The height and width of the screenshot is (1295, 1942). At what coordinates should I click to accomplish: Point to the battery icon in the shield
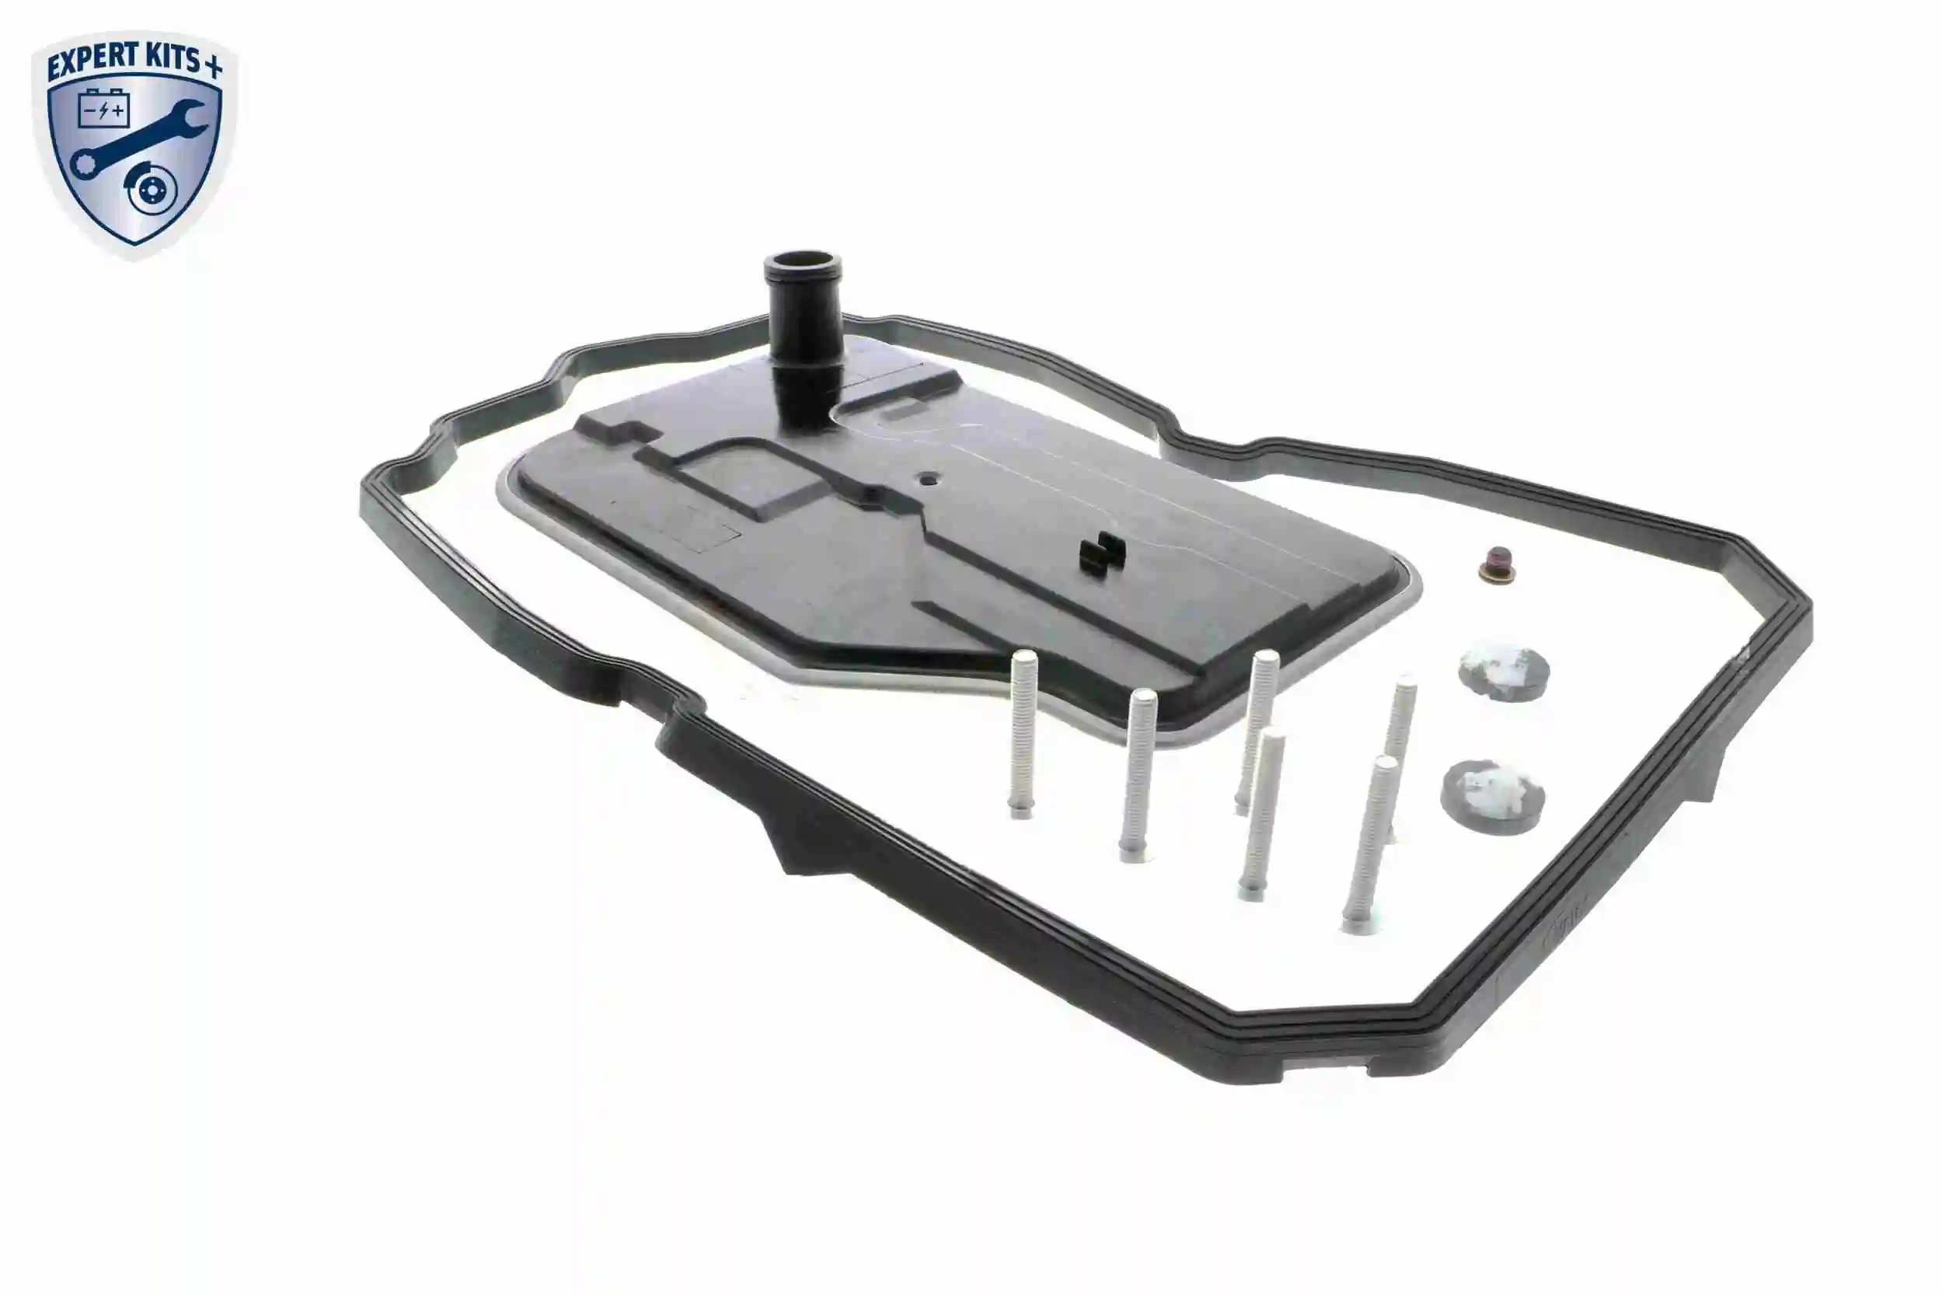(x=104, y=110)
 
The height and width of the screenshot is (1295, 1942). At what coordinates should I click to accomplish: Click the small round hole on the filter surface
(x=928, y=478)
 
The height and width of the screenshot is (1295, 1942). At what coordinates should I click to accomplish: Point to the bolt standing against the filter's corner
(x=1257, y=727)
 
